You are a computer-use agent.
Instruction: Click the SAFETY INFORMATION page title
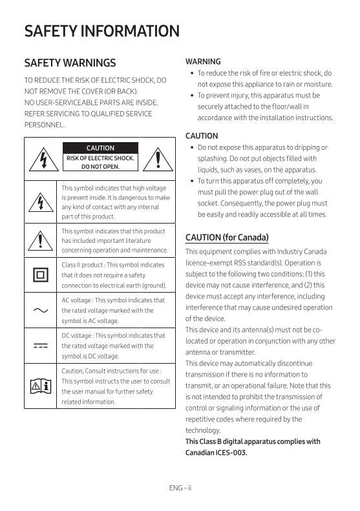pyautogui.click(x=101, y=31)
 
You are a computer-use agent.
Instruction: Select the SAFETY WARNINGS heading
pyautogui.click(x=70, y=63)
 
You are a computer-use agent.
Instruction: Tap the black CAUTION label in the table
pyautogui.click(x=100, y=148)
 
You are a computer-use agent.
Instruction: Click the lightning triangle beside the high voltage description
pyautogui.click(x=41, y=202)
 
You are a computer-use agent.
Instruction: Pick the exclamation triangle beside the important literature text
pyautogui.click(x=41, y=240)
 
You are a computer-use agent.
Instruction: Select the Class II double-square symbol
pyautogui.click(x=41, y=275)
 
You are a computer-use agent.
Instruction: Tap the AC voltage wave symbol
pyautogui.click(x=41, y=310)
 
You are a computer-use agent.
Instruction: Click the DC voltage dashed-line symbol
pyautogui.click(x=41, y=346)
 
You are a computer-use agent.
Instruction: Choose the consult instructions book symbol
pyautogui.click(x=41, y=386)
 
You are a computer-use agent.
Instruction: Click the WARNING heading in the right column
pyautogui.click(x=203, y=62)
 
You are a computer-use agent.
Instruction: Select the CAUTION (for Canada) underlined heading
pyautogui.click(x=227, y=237)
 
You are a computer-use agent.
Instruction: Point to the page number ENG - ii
pyautogui.click(x=180, y=488)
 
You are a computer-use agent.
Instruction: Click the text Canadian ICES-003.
pyautogui.click(x=217, y=452)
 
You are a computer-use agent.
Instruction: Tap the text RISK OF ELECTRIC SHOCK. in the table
pyautogui.click(x=100, y=158)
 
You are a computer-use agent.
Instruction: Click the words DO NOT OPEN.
pyautogui.click(x=100, y=167)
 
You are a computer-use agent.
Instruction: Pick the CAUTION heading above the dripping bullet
pyautogui.click(x=202, y=136)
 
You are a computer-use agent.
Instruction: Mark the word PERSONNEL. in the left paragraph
pyautogui.click(x=44, y=125)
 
